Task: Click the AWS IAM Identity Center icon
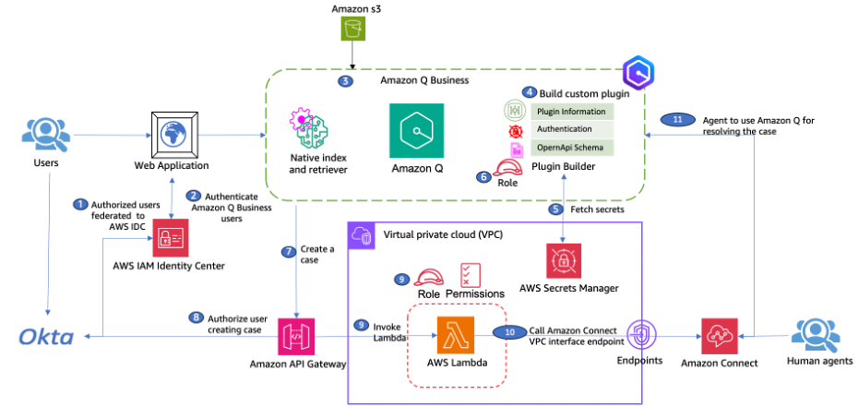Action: click(x=170, y=238)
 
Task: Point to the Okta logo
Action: click(x=46, y=337)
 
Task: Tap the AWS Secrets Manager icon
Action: click(x=564, y=261)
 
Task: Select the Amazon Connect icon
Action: click(x=719, y=336)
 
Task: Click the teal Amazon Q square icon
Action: click(x=416, y=131)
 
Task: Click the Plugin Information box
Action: click(x=572, y=112)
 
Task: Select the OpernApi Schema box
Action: click(x=572, y=148)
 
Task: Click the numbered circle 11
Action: click(x=677, y=120)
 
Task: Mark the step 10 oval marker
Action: click(x=509, y=332)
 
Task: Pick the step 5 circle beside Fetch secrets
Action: click(x=556, y=209)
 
